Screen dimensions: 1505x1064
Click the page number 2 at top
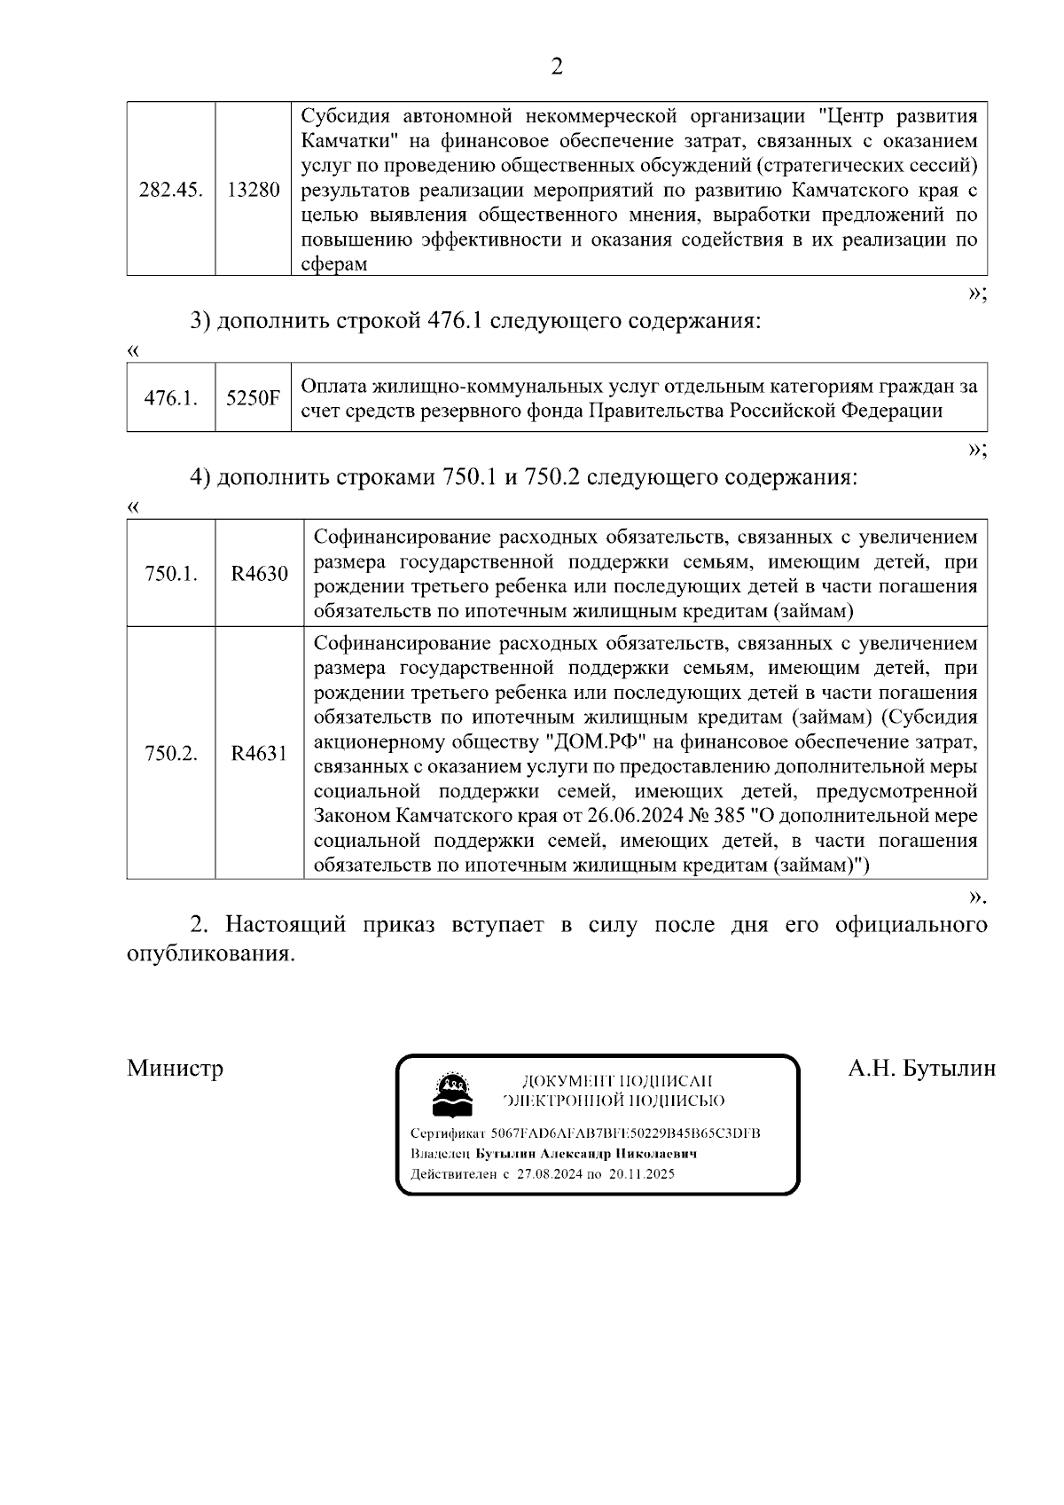pyautogui.click(x=557, y=67)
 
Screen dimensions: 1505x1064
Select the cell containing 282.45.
pyautogui.click(x=171, y=190)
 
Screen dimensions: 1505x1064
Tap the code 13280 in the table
pyautogui.click(x=254, y=190)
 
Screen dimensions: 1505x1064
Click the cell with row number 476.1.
pyautogui.click(x=171, y=398)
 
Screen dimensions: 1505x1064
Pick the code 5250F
pyautogui.click(x=253, y=398)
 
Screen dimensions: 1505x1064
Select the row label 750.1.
pyautogui.click(x=171, y=574)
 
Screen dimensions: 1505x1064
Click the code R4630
pyautogui.click(x=259, y=574)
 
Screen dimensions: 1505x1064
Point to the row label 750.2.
pyautogui.click(x=171, y=754)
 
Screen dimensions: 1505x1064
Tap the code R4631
pyautogui.click(x=259, y=754)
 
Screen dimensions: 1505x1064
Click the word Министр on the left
pyautogui.click(x=176, y=1068)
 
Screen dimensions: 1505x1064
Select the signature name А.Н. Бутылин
pyautogui.click(x=921, y=1068)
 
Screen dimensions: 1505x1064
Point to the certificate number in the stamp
pyautogui.click(x=625, y=1134)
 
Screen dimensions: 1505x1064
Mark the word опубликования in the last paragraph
pyautogui.click(x=210, y=955)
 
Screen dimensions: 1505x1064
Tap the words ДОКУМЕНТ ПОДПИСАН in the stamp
pyautogui.click(x=617, y=1081)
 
